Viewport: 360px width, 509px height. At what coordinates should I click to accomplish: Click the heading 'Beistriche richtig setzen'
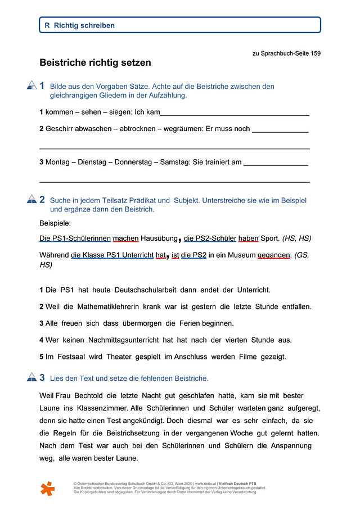pyautogui.click(x=95, y=63)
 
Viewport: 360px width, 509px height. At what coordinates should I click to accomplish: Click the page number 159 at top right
pyautogui.click(x=315, y=53)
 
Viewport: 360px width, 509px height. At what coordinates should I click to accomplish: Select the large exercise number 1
pyautogui.click(x=42, y=85)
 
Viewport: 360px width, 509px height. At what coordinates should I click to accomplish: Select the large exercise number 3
pyautogui.click(x=42, y=377)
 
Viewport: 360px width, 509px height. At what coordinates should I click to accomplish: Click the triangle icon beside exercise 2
pyautogui.click(x=31, y=199)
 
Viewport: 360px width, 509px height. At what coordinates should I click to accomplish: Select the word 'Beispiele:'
pyautogui.click(x=55, y=223)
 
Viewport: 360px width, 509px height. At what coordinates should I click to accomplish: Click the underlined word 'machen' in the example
pyautogui.click(x=125, y=238)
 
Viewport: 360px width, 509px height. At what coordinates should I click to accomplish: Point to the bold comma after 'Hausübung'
pyautogui.click(x=179, y=240)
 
